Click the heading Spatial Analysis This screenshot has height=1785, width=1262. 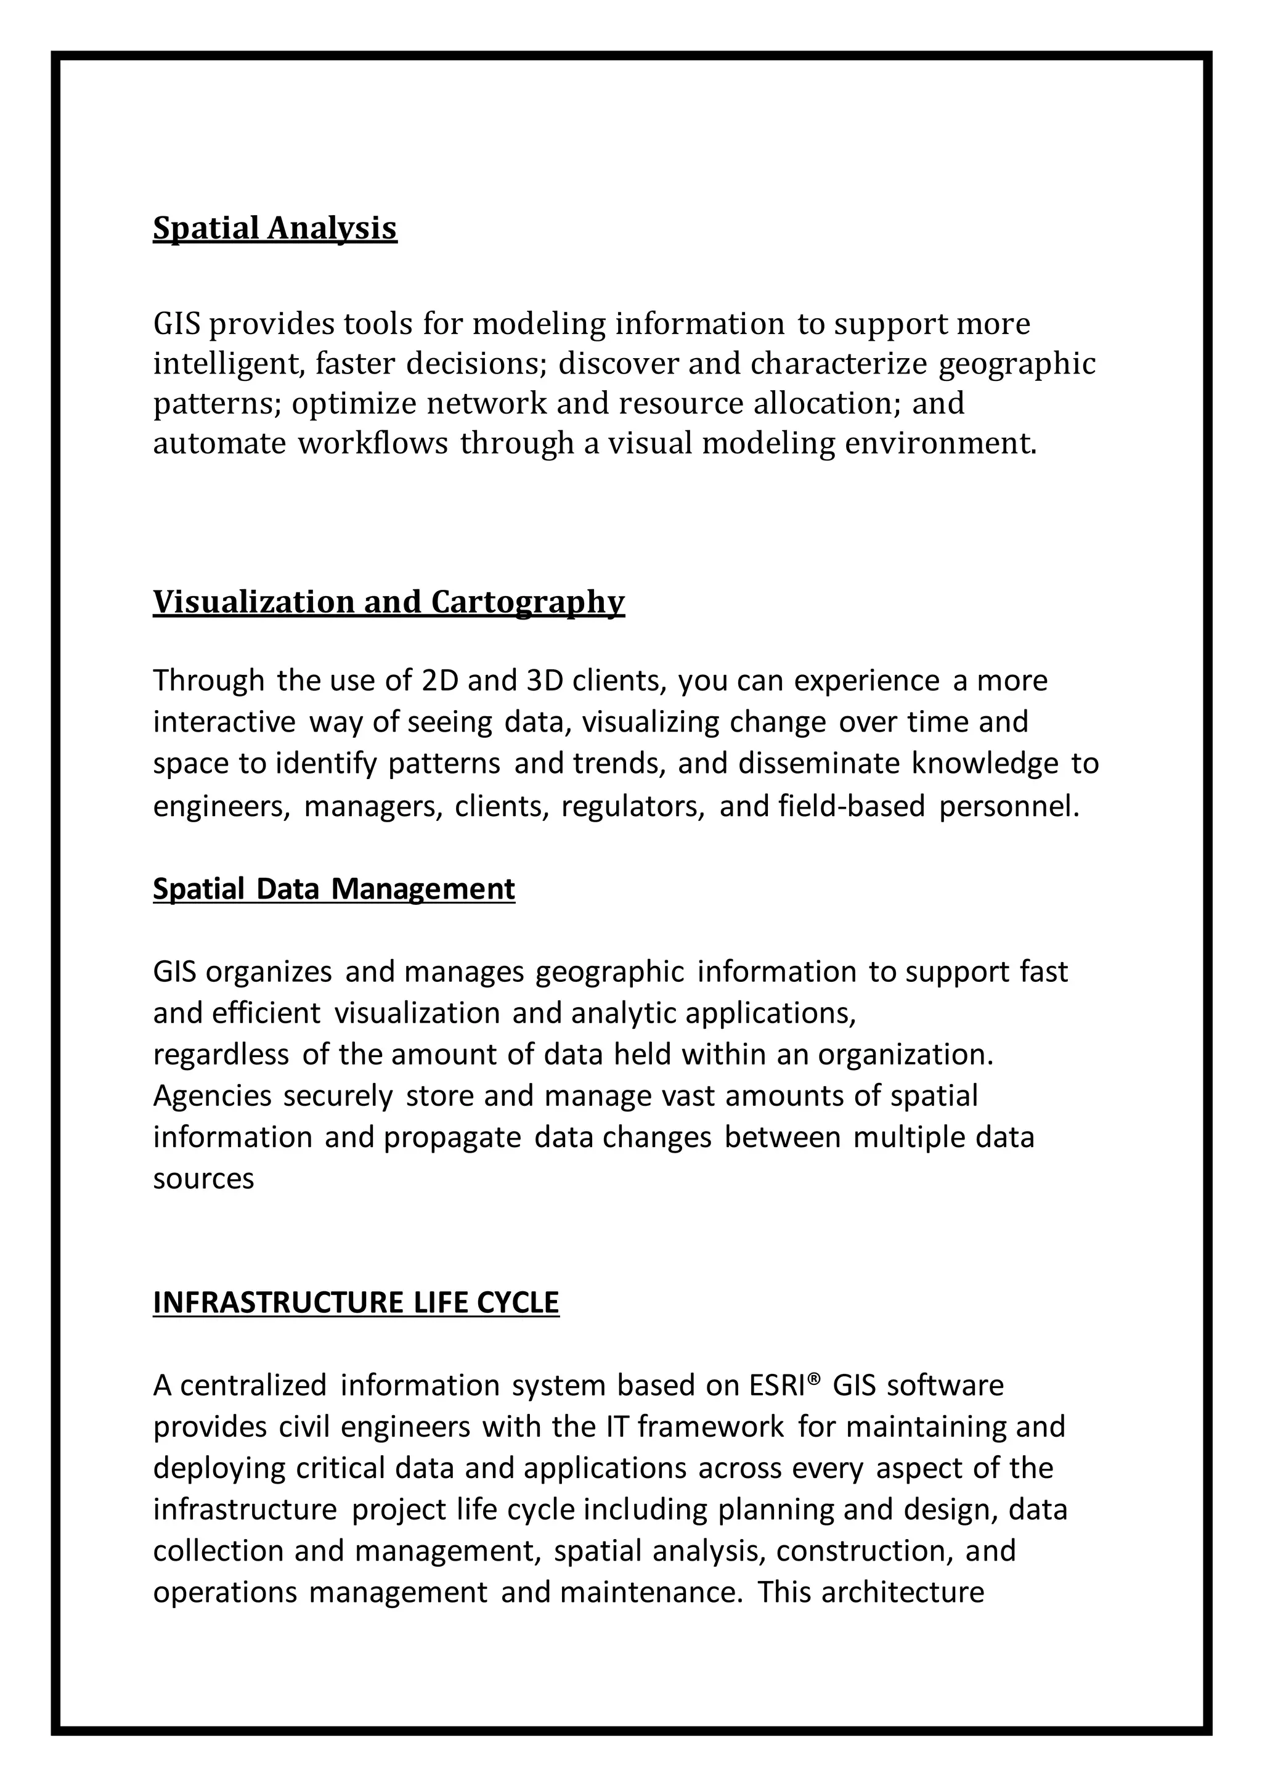coord(274,229)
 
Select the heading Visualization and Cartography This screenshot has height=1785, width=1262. coord(389,603)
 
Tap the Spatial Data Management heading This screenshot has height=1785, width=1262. coord(333,889)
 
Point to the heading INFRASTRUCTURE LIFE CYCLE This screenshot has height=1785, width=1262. coord(356,1302)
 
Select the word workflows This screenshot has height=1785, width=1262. coord(373,444)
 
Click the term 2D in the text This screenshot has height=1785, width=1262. coord(439,681)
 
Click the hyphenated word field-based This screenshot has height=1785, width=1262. coord(852,807)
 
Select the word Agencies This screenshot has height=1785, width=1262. coord(212,1096)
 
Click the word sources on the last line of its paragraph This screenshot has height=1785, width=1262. coord(203,1179)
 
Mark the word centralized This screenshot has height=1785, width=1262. coord(253,1386)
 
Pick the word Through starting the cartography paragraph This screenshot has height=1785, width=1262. coord(208,681)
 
